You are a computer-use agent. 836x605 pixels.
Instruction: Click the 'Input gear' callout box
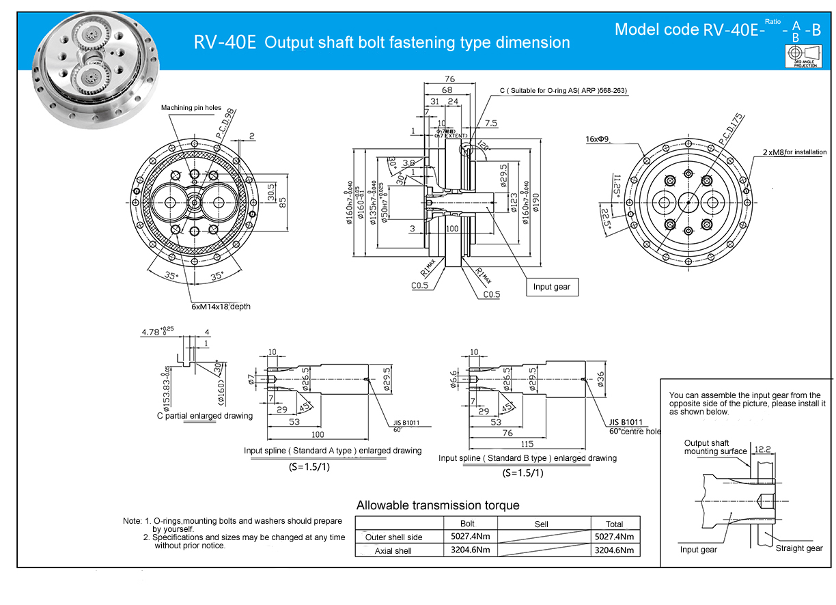pyautogui.click(x=551, y=287)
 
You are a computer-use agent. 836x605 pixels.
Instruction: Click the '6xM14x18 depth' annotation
pyautogui.click(x=221, y=307)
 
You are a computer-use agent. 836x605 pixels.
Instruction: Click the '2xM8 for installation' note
pyautogui.click(x=794, y=152)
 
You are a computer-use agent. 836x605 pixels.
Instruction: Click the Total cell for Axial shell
pyautogui.click(x=615, y=550)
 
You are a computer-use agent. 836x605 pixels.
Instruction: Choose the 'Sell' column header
pyautogui.click(x=542, y=524)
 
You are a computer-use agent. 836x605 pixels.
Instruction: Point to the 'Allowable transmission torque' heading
pyautogui.click(x=438, y=505)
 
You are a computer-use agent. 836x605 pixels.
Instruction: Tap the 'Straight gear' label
pyautogui.click(x=799, y=548)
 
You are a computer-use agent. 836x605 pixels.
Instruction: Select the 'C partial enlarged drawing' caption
pyautogui.click(x=204, y=416)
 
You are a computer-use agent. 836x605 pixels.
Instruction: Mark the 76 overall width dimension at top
pyautogui.click(x=449, y=79)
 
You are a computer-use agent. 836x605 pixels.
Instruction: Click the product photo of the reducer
pyautogui.click(x=98, y=70)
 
